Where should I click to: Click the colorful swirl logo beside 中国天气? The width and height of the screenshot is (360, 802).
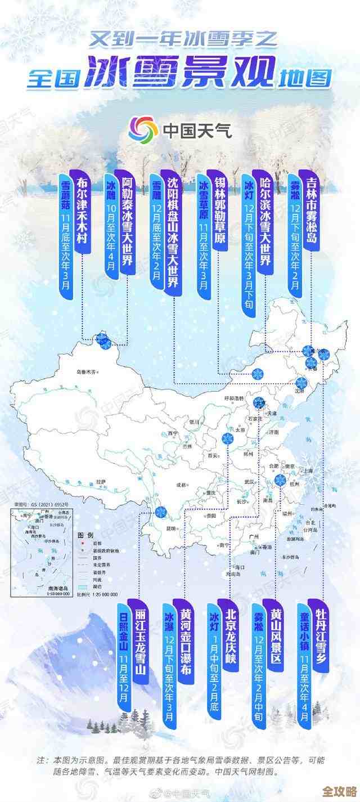[143, 130]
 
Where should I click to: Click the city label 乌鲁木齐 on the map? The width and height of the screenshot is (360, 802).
[87, 371]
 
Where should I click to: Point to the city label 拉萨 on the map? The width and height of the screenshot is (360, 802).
[101, 482]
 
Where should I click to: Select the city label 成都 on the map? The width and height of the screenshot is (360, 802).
[181, 483]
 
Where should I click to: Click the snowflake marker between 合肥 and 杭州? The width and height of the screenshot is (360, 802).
[280, 480]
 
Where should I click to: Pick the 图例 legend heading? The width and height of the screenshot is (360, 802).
[85, 534]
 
